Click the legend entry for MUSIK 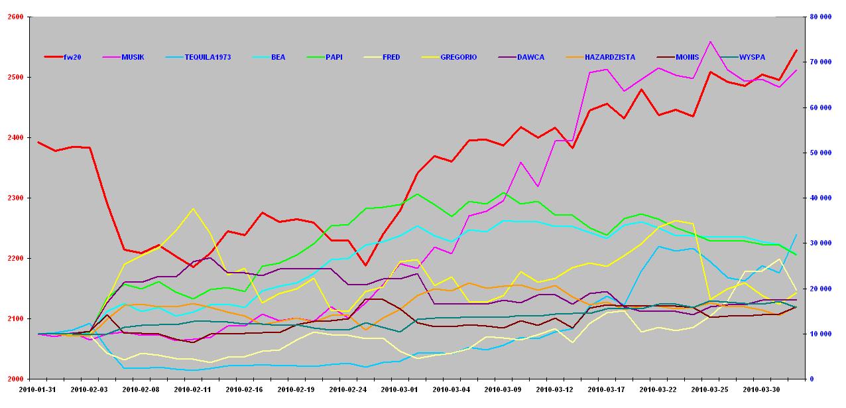point(133,57)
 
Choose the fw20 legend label point(72,57)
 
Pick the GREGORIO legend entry point(458,57)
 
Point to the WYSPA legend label point(752,57)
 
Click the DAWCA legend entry point(530,57)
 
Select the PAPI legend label point(334,57)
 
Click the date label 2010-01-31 point(38,389)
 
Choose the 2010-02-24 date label point(347,389)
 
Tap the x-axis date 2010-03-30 point(760,389)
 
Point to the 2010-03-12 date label point(554,389)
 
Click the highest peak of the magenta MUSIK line point(710,41)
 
